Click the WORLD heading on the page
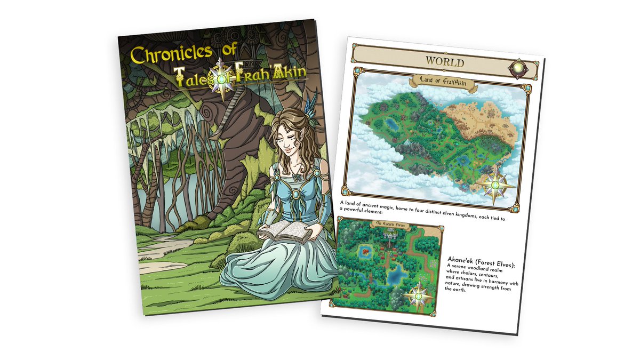444,62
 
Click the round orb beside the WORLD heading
518,69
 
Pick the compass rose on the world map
495,186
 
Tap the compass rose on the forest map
419,295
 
